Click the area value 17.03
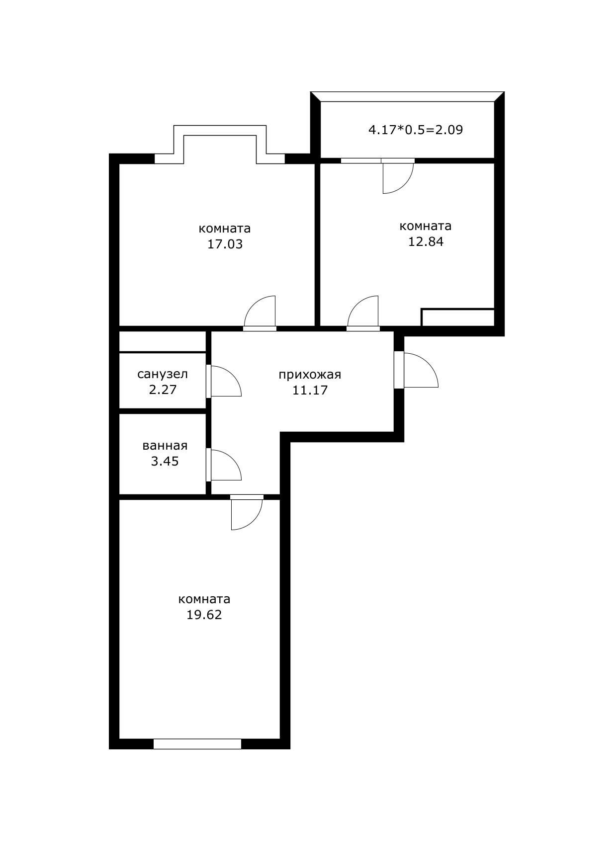pos(225,244)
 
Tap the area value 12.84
pos(426,242)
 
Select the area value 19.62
pos(204,615)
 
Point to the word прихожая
pos(309,375)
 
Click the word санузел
pos(163,374)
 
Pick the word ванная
pos(165,446)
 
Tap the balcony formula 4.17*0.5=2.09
pos(415,130)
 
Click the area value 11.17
pos(310,390)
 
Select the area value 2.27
pos(163,390)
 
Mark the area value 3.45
pos(165,462)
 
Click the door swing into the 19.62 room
pos(246,514)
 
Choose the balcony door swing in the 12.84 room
pos(397,178)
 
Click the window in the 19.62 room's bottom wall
pos(197,744)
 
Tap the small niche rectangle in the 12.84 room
pos(457,317)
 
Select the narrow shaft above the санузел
pos(162,341)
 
